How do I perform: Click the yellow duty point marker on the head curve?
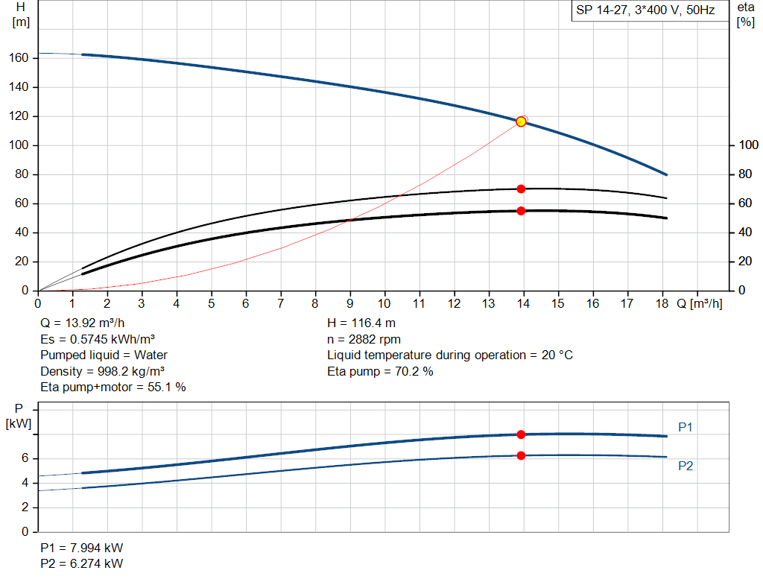521,121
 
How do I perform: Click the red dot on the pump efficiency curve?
521,189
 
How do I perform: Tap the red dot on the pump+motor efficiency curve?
521,211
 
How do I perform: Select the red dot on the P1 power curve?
521,434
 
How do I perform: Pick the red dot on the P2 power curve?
521,455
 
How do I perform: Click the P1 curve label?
686,427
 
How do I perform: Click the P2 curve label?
686,466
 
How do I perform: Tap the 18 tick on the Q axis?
662,304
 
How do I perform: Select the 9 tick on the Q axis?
350,304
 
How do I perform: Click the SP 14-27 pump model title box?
645,11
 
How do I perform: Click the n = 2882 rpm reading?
364,340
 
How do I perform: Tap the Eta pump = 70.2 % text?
380,371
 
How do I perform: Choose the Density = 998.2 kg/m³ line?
103,371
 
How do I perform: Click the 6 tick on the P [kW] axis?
25,459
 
